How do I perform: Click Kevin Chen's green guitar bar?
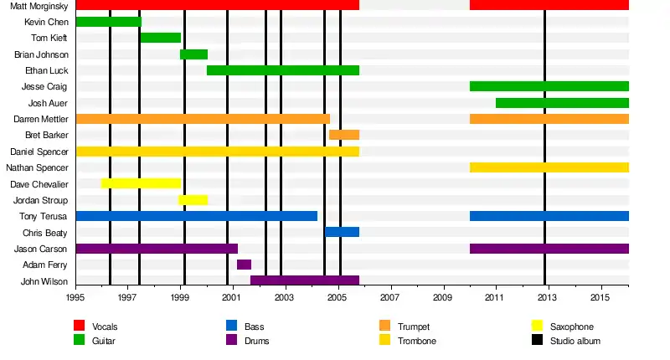pos(108,22)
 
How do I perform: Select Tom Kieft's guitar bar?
pos(160,38)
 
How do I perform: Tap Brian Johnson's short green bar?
pos(193,54)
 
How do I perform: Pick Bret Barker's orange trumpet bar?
pos(344,135)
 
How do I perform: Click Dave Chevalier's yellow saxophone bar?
pos(141,183)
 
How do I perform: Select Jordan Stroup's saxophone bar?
pos(193,200)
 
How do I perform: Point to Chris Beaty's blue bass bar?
pos(342,232)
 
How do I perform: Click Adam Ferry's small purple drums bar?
pos(244,265)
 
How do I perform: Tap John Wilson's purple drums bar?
pos(305,280)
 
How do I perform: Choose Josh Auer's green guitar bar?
pos(562,103)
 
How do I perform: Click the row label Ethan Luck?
pos(47,70)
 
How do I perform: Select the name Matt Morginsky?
pos(39,6)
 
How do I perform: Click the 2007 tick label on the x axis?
pos(390,297)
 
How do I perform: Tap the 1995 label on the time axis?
pos(75,297)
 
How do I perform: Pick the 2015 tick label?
pos(600,297)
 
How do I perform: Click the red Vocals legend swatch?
pos(80,326)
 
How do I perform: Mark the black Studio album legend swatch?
pos(538,340)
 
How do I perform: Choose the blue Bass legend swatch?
pos(232,326)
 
